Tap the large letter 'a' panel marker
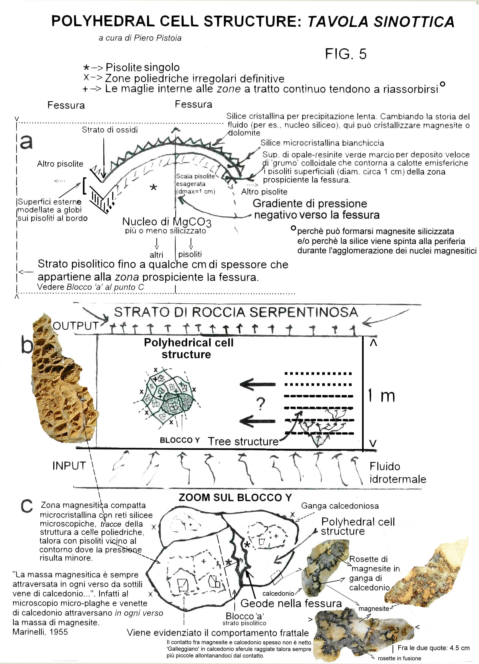pyautogui.click(x=26, y=142)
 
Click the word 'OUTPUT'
pyautogui.click(x=75, y=326)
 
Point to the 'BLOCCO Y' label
pyautogui.click(x=180, y=440)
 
